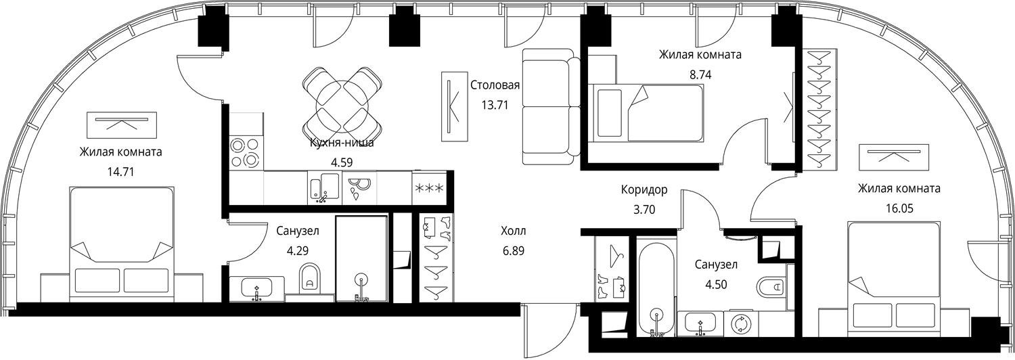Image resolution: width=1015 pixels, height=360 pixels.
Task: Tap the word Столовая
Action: tap(495, 85)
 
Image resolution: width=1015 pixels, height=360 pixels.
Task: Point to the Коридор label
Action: tap(644, 189)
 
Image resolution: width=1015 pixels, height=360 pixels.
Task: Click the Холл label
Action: tap(514, 231)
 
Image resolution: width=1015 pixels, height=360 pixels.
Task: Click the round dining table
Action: tap(342, 105)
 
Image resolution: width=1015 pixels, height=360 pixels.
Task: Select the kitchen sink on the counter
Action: tap(324, 187)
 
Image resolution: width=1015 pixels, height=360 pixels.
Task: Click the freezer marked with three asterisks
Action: tap(428, 187)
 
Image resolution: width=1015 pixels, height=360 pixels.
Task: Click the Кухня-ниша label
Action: tap(342, 143)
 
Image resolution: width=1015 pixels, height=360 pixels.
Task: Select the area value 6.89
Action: tap(514, 251)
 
